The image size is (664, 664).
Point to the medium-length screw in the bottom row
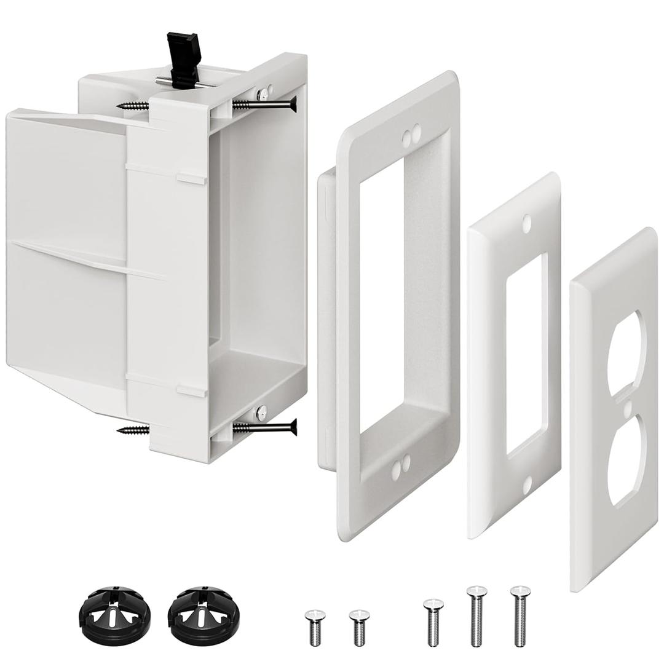click(433, 621)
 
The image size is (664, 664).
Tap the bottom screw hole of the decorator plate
click(527, 485)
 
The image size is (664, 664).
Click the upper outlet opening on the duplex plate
click(624, 350)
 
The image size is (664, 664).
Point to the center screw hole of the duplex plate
click(626, 408)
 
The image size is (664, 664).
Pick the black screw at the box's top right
click(264, 104)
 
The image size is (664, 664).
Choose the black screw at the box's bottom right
click(264, 427)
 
